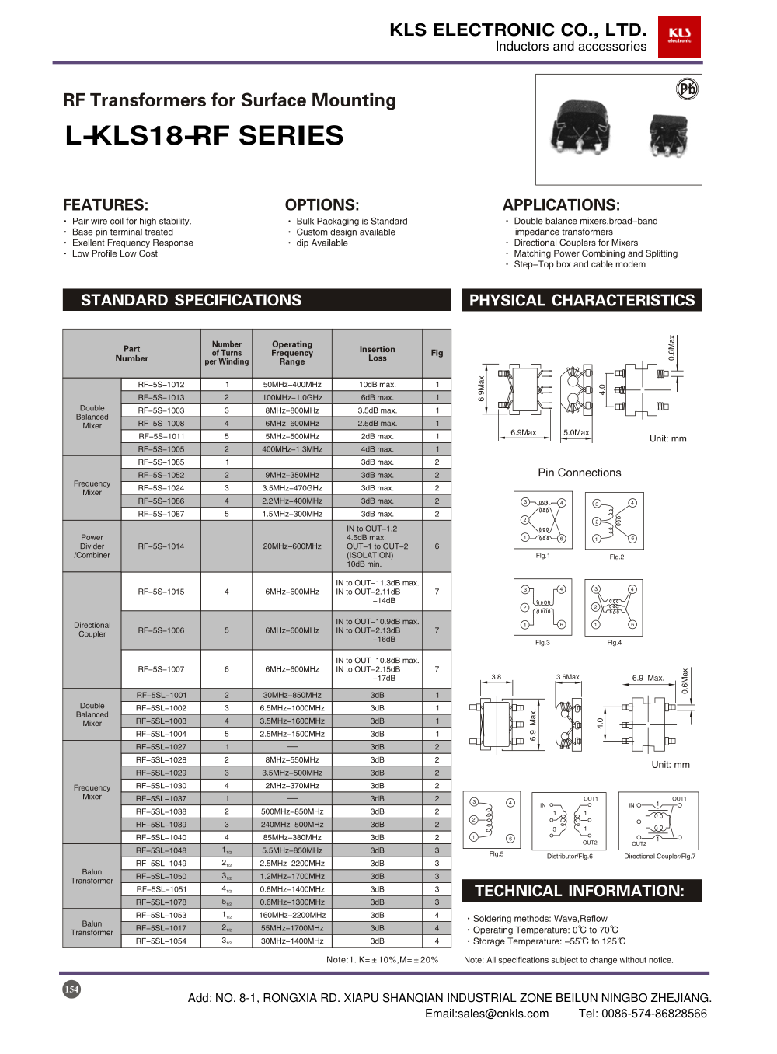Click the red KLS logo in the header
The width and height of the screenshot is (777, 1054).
point(679,37)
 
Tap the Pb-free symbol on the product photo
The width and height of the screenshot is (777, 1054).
point(687,89)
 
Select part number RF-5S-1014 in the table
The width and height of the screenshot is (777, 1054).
point(161,546)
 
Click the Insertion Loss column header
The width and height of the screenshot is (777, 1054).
point(377,354)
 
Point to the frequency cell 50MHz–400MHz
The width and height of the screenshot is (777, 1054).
point(291,385)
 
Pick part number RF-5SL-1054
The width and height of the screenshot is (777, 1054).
point(161,941)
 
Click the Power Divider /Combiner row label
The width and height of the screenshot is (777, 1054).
point(92,546)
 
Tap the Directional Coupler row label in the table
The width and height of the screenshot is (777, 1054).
point(92,630)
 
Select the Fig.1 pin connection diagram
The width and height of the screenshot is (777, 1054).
point(542,520)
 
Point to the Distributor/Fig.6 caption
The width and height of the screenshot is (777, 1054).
point(570,857)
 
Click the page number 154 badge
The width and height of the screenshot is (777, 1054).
point(71,989)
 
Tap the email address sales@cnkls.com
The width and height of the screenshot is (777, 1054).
point(486,1014)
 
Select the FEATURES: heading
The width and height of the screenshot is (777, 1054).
point(105,205)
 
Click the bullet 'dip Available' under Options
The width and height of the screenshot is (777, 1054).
point(322,243)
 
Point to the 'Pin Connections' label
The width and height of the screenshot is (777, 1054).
point(579,473)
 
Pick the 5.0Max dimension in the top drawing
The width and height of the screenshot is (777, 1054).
point(576,433)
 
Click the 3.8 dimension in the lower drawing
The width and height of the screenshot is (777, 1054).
point(496,677)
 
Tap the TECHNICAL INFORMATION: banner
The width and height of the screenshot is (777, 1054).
point(581,891)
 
